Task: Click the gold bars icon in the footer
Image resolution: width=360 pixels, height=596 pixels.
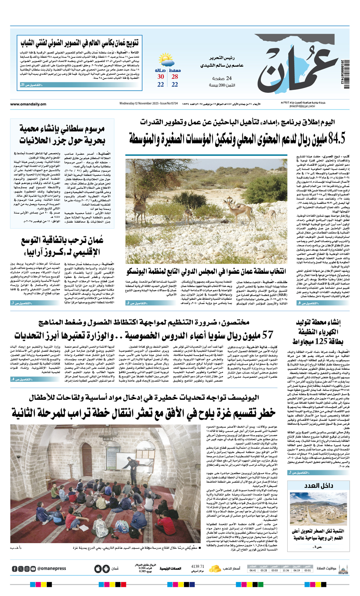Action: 215,568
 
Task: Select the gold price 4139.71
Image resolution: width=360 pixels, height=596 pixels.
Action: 198,566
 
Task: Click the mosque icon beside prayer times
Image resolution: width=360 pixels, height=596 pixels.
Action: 343,568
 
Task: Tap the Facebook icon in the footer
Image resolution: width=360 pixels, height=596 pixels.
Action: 15,569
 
